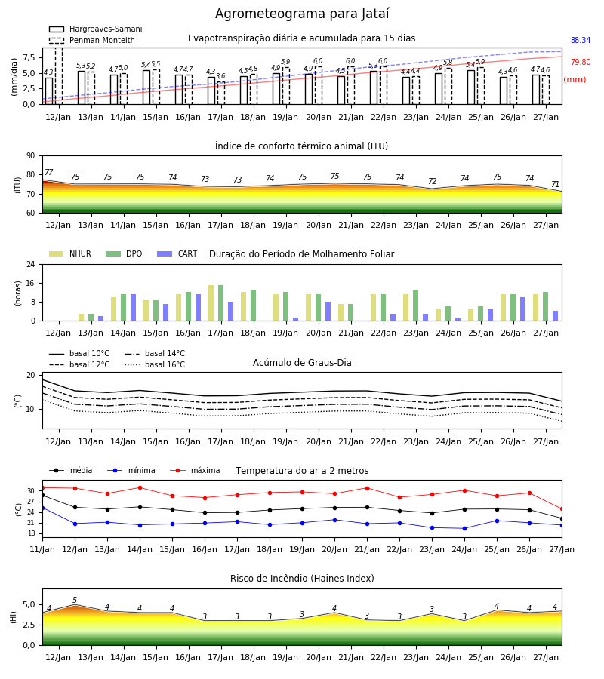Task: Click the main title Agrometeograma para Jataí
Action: (302, 14)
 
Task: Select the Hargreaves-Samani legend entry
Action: (95, 29)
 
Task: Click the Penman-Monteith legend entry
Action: (92, 40)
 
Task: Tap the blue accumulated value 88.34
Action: (581, 40)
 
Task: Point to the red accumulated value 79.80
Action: (581, 62)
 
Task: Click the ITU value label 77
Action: (48, 172)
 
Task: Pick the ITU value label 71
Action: (555, 184)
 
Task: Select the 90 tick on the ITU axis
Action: (31, 156)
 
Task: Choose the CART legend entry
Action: (177, 253)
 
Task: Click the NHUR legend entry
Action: (70, 253)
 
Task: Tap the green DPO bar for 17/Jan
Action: (221, 303)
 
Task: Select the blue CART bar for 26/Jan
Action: (523, 309)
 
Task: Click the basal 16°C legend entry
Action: (155, 364)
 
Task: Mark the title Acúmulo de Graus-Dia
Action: (302, 362)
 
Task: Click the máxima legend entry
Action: (195, 470)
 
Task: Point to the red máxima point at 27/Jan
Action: (562, 508)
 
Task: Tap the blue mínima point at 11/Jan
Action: (42, 508)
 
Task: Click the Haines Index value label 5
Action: (75, 600)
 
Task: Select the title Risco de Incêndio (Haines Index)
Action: (302, 578)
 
